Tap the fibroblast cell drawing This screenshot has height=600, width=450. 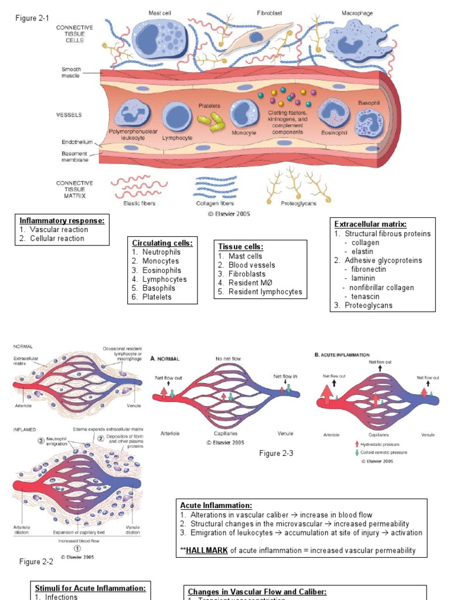[254, 38]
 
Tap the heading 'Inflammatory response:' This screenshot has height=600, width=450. [62, 221]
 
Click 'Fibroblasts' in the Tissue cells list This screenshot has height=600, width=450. [247, 274]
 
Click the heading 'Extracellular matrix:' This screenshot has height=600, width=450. [370, 224]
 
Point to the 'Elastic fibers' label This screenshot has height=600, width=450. [140, 204]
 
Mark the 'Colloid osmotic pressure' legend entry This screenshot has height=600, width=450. [386, 452]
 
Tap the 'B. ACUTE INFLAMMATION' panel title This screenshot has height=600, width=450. [342, 355]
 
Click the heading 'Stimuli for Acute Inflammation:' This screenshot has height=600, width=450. [90, 588]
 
